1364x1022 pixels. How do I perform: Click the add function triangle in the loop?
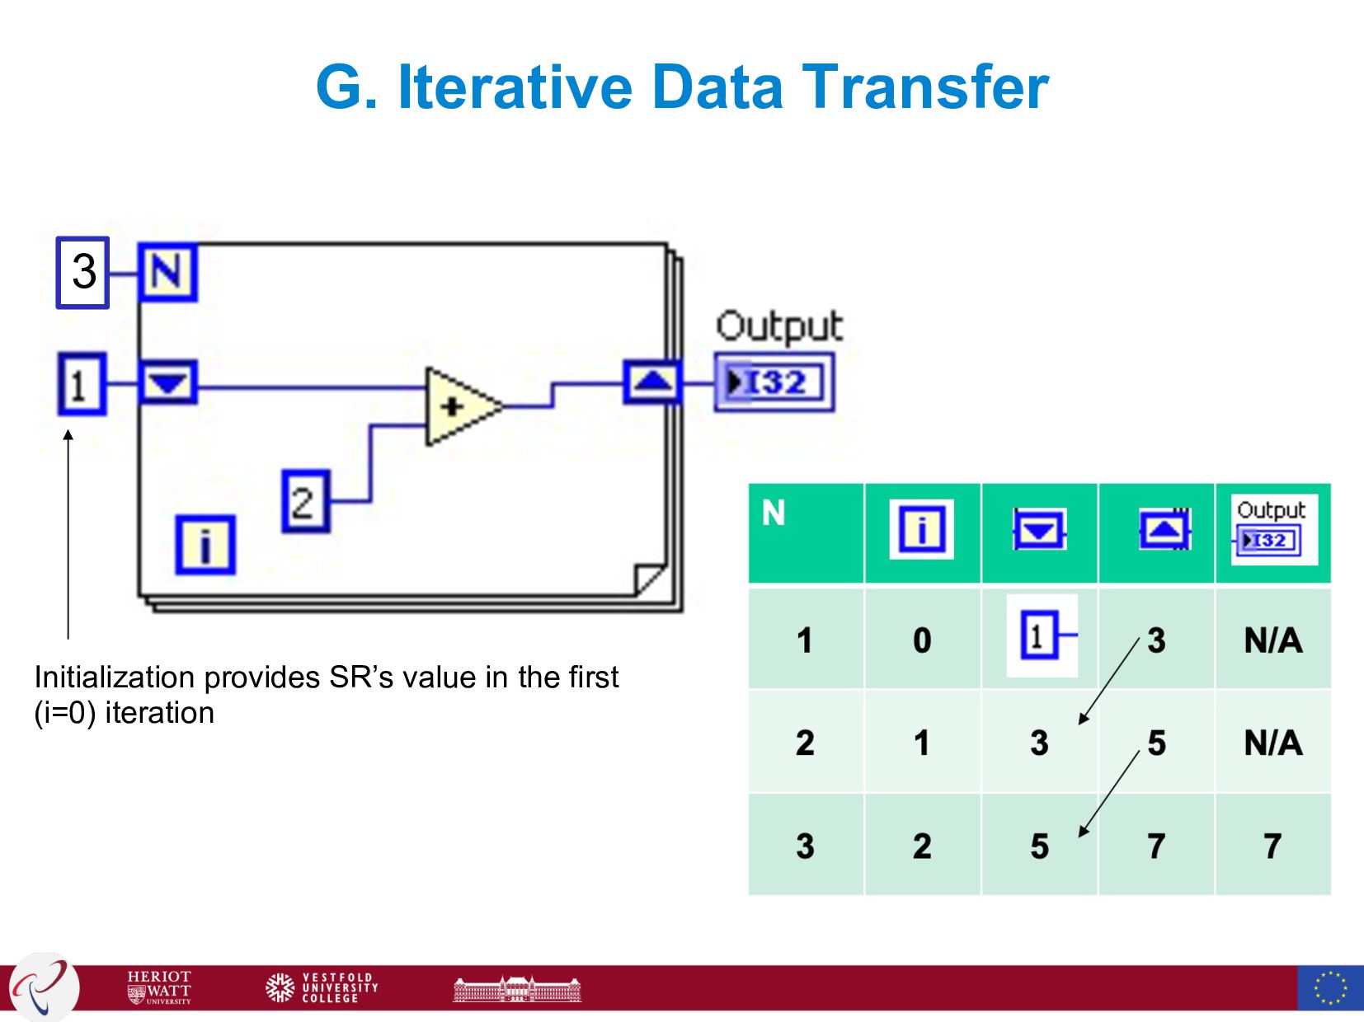[x=458, y=406]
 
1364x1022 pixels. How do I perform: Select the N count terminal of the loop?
[x=167, y=272]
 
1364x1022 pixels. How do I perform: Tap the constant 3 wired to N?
[x=82, y=272]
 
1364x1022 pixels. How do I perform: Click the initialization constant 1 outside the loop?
[x=81, y=384]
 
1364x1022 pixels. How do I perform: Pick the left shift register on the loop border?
[x=167, y=382]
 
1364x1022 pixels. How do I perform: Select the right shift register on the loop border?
[x=652, y=382]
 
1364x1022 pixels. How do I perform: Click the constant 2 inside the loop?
[x=305, y=501]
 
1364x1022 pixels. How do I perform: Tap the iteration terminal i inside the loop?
[x=205, y=545]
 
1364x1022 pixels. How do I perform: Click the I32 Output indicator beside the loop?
[x=774, y=382]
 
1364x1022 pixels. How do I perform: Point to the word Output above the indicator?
[x=778, y=327]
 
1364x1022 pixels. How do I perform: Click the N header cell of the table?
[x=806, y=532]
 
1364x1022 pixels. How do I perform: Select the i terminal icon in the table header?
[x=921, y=529]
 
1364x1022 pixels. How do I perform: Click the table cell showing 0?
[x=922, y=640]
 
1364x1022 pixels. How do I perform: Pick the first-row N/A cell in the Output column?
[x=1272, y=640]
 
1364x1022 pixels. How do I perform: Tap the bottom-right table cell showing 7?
[x=1272, y=846]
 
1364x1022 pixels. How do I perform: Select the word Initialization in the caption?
[x=114, y=677]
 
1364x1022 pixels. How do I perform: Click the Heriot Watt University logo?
[x=159, y=987]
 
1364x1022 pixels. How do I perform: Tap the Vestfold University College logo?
[x=322, y=987]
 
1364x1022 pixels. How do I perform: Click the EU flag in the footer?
[x=1329, y=987]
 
